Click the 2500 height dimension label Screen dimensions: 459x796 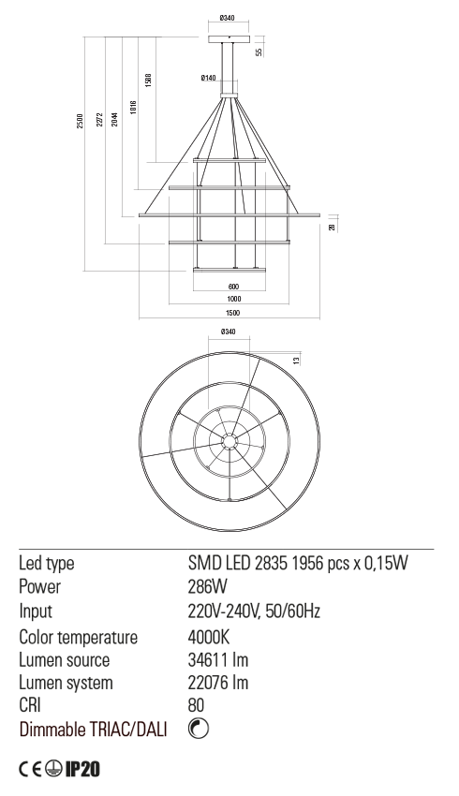coord(80,120)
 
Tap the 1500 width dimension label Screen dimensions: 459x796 coord(233,313)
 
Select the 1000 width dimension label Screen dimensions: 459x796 coord(233,299)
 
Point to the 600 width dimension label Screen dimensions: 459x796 coord(233,287)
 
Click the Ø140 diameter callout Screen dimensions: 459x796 coord(208,78)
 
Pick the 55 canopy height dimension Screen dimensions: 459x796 coord(259,52)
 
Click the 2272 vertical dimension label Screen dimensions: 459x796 coord(99,120)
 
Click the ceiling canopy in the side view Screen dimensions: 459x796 coord(229,39)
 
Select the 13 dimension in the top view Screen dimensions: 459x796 coord(297,360)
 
